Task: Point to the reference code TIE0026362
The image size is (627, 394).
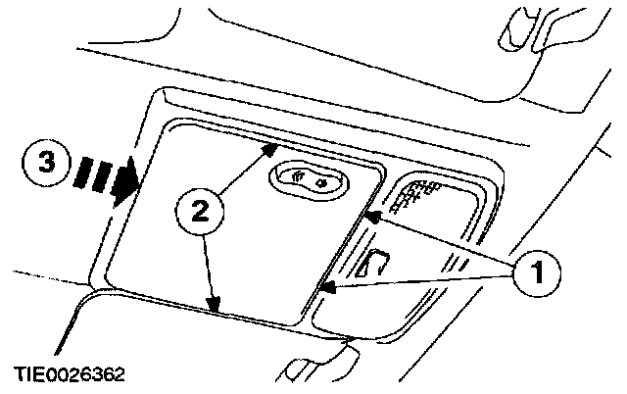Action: [69, 374]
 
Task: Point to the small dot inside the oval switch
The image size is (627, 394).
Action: [320, 179]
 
